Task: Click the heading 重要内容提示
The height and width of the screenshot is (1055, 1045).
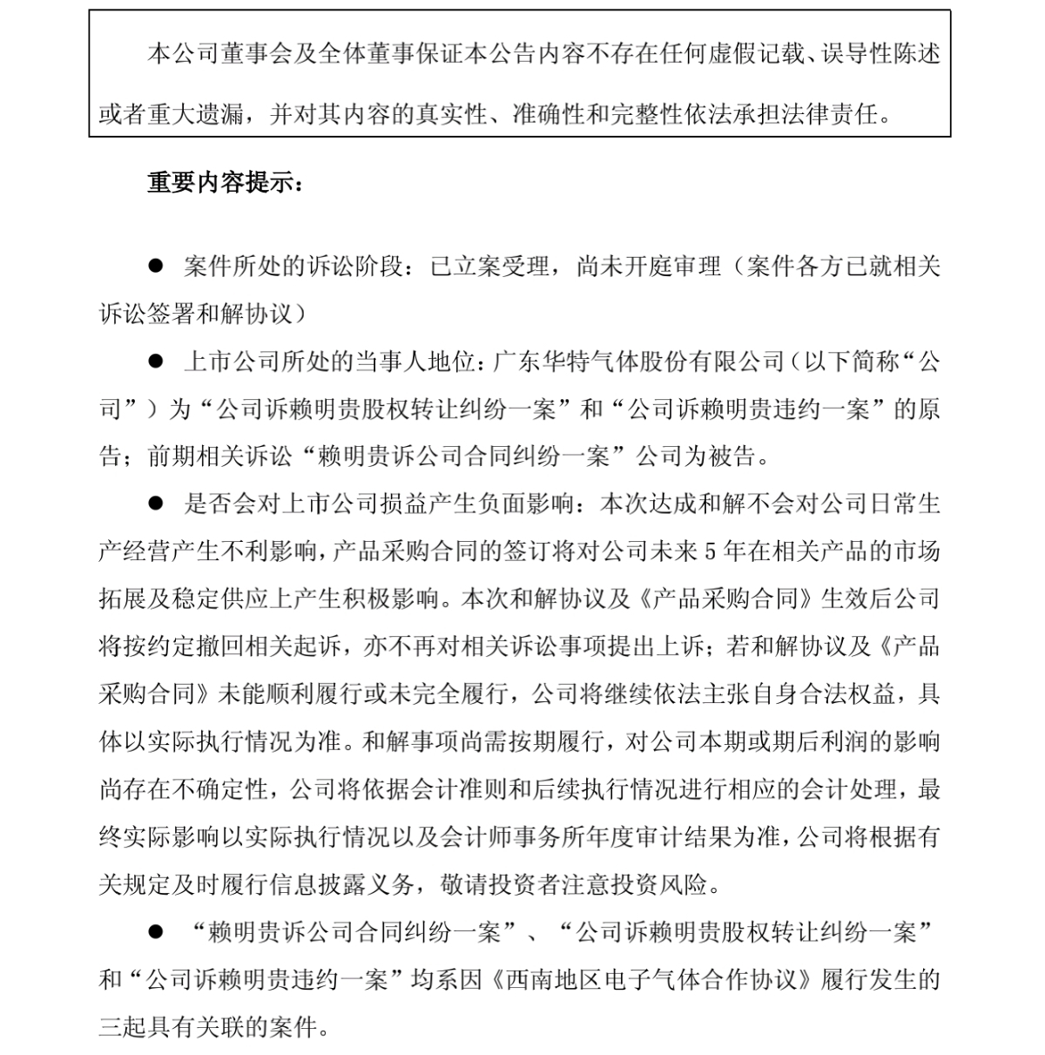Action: tap(225, 184)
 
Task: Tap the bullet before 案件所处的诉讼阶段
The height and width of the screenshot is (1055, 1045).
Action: tap(156, 265)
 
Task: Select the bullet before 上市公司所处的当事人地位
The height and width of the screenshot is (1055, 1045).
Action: tap(156, 360)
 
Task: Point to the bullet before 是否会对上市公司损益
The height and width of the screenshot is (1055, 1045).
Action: tap(156, 503)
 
